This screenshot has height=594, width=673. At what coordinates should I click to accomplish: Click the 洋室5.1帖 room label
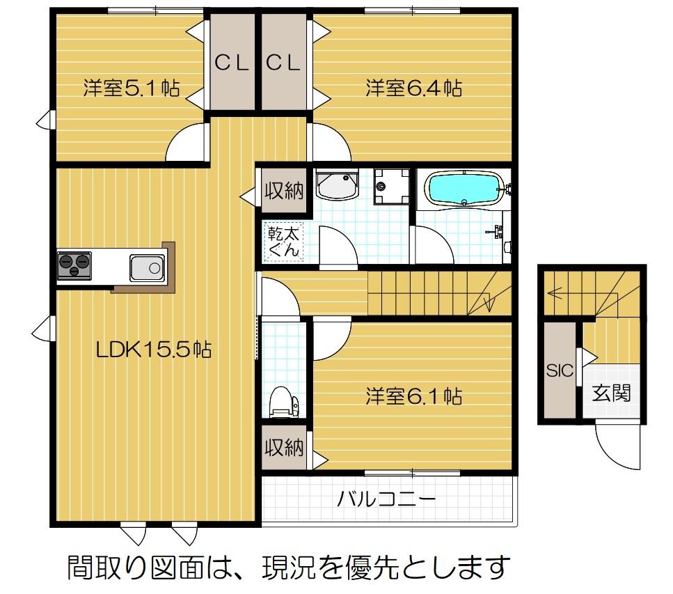(132, 88)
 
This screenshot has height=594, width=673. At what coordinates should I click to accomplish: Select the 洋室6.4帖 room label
(414, 88)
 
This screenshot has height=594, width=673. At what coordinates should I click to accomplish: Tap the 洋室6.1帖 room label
(414, 397)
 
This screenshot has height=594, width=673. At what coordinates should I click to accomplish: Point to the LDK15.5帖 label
(154, 350)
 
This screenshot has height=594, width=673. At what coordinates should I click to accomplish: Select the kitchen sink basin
(147, 267)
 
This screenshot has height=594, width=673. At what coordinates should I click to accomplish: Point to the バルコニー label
(387, 499)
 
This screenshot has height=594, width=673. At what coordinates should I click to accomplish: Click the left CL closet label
(232, 63)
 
